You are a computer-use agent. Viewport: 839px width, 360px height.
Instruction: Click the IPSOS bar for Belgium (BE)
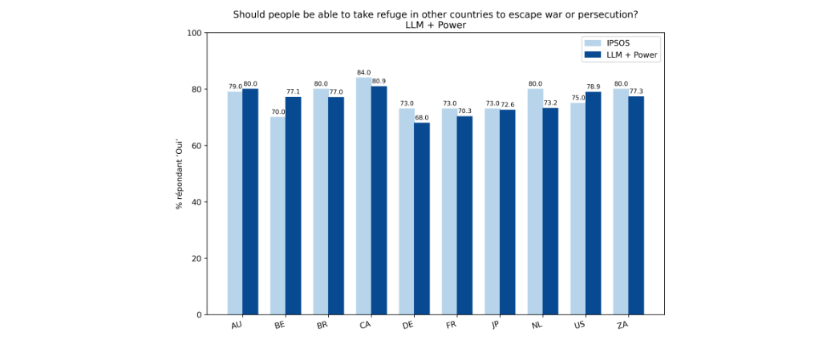[x=278, y=216]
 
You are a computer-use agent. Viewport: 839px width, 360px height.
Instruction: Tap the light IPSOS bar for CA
[x=363, y=196]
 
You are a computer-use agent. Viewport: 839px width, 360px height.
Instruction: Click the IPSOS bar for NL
[x=535, y=201]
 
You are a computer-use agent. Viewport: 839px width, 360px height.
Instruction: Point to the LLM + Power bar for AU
[x=250, y=201]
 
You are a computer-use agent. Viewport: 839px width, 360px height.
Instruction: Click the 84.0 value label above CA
[x=363, y=73]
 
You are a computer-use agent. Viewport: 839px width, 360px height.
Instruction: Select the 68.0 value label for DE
[x=422, y=118]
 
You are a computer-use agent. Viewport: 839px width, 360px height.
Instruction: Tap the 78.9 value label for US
[x=594, y=87]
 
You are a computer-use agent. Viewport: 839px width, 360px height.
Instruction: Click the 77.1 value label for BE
[x=294, y=92]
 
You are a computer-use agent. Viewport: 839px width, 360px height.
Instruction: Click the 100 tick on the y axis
[x=193, y=33]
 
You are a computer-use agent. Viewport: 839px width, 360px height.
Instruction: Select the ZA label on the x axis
[x=622, y=326]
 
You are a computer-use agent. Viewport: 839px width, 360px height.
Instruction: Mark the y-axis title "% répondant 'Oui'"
[x=180, y=173]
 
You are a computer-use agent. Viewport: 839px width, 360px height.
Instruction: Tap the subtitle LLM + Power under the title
[x=436, y=25]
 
